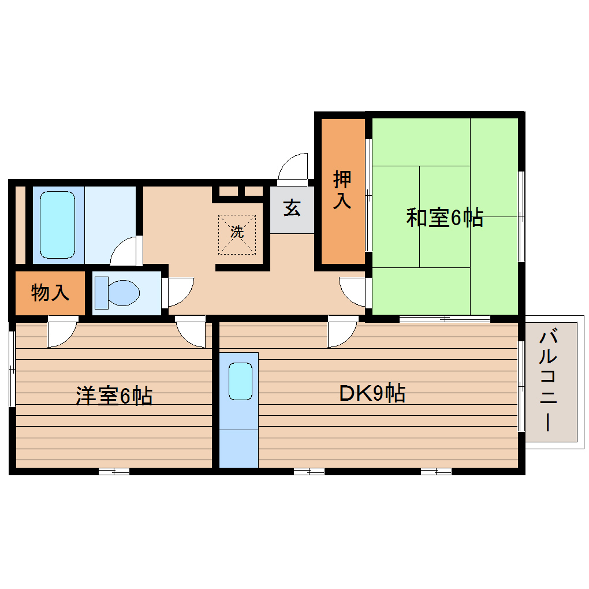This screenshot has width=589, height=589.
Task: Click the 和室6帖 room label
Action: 444,218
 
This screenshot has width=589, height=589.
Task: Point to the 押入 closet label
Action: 342,190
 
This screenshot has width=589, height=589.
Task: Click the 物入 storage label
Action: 50,293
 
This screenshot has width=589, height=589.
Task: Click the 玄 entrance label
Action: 292,207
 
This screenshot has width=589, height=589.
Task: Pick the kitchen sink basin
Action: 240,381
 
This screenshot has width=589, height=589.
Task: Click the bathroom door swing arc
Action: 126,251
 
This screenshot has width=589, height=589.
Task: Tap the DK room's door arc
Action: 341,334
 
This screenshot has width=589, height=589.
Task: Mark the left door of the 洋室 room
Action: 62,334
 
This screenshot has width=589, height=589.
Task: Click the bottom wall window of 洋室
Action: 114,472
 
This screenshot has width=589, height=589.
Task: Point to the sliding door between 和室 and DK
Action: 445,318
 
